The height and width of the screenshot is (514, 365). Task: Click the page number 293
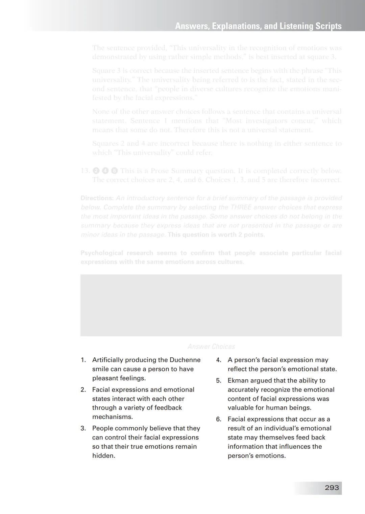tap(332, 488)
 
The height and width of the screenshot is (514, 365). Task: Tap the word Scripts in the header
tap(328, 26)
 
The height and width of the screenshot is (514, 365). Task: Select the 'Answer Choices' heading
tap(211, 347)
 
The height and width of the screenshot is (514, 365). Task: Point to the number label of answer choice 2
tap(83, 389)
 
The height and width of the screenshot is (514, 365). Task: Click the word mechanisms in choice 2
tap(113, 417)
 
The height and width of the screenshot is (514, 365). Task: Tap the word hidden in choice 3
tap(103, 455)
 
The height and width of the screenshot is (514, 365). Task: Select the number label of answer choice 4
tap(219, 360)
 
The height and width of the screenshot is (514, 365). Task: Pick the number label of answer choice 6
tap(219, 419)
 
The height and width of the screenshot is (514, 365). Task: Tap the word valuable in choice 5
tap(241, 407)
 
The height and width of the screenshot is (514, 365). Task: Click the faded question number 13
tap(85, 171)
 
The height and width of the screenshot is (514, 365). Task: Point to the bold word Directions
tap(97, 198)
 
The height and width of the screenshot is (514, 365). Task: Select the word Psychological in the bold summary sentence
tap(102, 253)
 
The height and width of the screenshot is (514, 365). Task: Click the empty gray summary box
tap(211, 305)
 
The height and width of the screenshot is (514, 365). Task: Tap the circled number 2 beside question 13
tap(96, 171)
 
